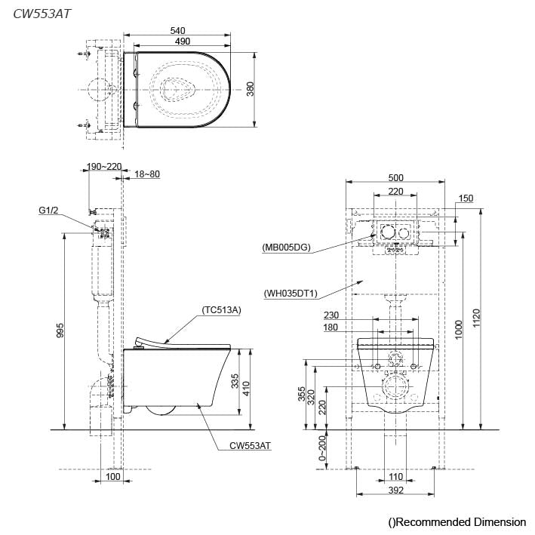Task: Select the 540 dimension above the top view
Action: coord(178,30)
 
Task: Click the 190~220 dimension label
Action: coord(104,167)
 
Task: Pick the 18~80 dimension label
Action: coord(147,174)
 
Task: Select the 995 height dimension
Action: coord(60,330)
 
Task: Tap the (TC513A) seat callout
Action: coord(221,309)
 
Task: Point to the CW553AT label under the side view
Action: coord(250,446)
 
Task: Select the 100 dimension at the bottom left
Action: coord(112,477)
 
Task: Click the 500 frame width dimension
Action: coord(395,177)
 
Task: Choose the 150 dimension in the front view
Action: coord(466,198)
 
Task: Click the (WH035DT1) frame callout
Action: coord(291,293)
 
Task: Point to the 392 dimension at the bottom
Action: coord(395,490)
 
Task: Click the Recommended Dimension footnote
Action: coord(457,521)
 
